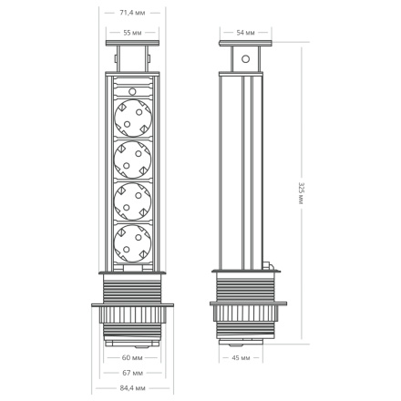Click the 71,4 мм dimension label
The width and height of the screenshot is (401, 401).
(133, 14)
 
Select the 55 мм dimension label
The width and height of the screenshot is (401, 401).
(133, 33)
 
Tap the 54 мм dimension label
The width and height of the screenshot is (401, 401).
(245, 33)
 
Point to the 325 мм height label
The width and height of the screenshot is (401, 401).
(302, 192)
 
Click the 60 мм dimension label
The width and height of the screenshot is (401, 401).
(133, 357)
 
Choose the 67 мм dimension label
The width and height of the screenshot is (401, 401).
(133, 373)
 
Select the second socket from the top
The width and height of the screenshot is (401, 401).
(132, 160)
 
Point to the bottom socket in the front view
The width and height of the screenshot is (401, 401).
(132, 243)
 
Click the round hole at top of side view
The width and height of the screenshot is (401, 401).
(244, 60)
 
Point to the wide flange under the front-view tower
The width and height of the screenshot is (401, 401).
(133, 311)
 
